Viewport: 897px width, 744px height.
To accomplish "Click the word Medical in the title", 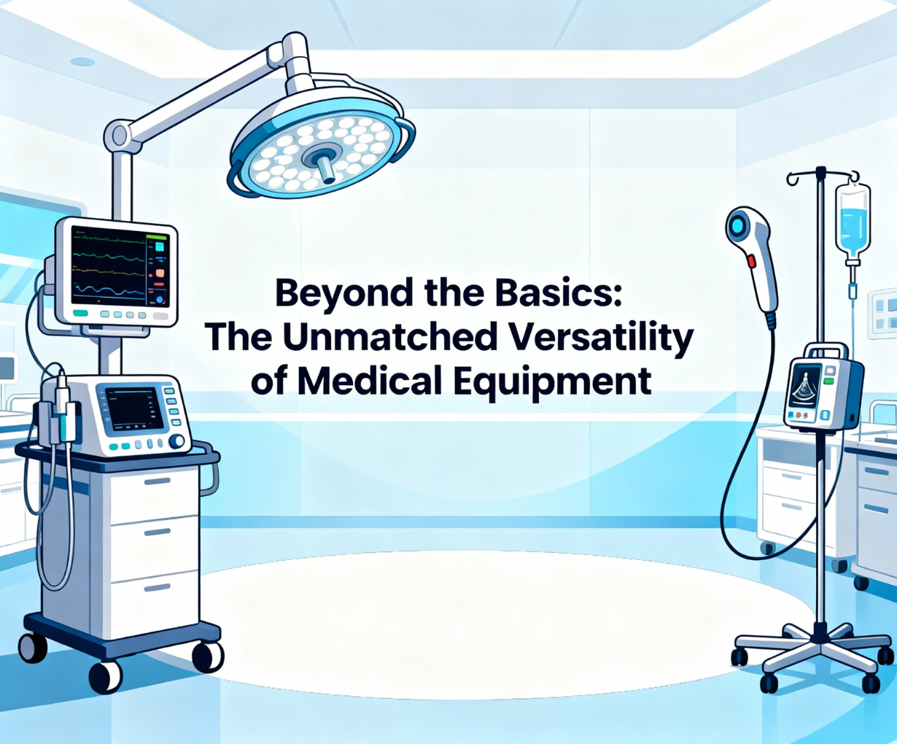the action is point(369,381).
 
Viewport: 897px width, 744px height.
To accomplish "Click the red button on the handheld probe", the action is point(750,261).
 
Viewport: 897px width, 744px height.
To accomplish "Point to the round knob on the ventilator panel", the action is point(176,441).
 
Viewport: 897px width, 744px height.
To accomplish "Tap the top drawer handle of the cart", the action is point(158,481).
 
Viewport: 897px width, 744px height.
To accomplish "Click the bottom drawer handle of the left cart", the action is point(158,588).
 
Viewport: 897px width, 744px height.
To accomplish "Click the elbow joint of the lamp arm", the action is point(117,136).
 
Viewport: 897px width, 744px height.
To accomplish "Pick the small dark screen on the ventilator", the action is point(134,408).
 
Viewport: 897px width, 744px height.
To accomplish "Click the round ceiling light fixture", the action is point(82,62).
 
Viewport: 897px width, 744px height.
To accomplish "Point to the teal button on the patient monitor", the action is point(80,314).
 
